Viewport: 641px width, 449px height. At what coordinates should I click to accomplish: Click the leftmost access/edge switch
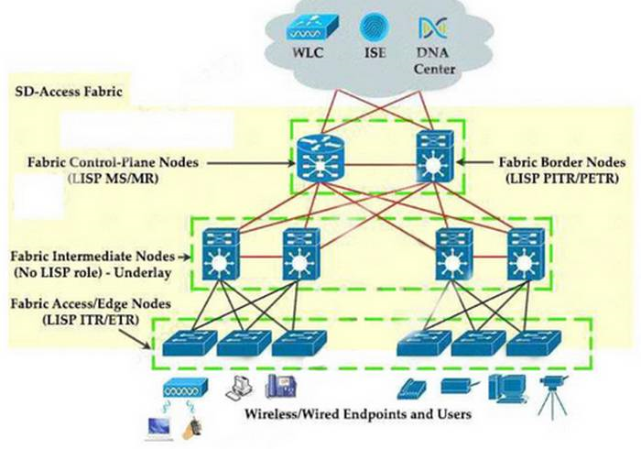click(x=190, y=343)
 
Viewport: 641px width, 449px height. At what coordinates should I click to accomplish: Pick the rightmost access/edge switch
click(x=532, y=342)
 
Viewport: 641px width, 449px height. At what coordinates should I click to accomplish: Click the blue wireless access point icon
click(x=179, y=388)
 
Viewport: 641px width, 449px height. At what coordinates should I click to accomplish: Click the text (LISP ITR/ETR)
click(x=76, y=316)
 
